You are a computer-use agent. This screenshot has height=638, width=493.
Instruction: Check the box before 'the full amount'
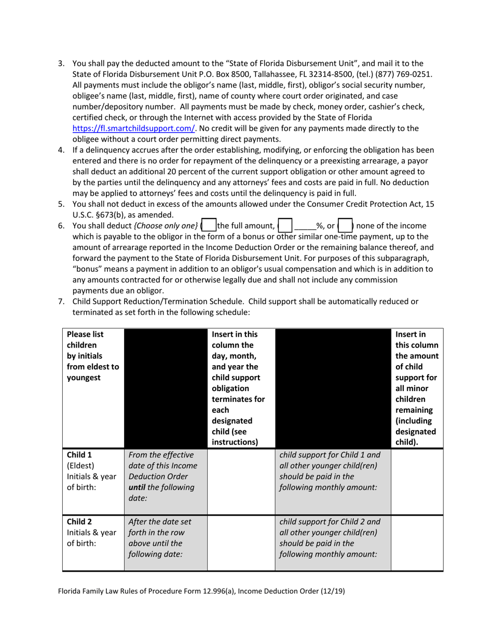pyautogui.click(x=209, y=226)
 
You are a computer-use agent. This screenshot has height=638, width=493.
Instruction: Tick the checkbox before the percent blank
pyautogui.click(x=286, y=226)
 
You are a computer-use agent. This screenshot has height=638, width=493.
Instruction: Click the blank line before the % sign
pyautogui.click(x=305, y=226)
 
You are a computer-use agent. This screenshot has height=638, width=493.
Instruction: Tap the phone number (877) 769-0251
pyautogui.click(x=404, y=74)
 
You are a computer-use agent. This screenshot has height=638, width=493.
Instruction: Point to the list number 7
pyautogui.click(x=61, y=301)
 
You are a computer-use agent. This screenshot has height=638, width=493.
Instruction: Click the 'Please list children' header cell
pyautogui.click(x=92, y=356)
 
